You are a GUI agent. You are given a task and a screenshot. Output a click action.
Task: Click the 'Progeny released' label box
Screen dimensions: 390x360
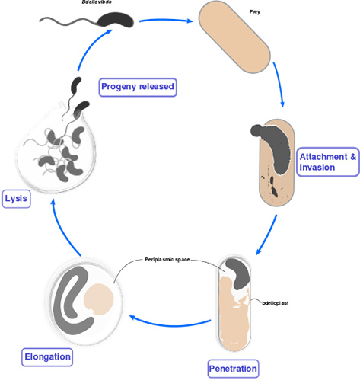(138, 86)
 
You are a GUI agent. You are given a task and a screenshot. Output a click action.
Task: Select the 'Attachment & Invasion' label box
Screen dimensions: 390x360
(327, 162)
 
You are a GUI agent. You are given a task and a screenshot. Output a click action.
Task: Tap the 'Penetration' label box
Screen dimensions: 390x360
(233, 369)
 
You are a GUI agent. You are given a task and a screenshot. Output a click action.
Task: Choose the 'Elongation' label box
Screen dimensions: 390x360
(47, 356)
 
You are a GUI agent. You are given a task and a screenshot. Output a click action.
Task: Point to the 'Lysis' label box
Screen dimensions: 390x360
(17, 200)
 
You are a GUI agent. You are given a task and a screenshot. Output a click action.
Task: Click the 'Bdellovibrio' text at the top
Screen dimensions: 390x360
(97, 3)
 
